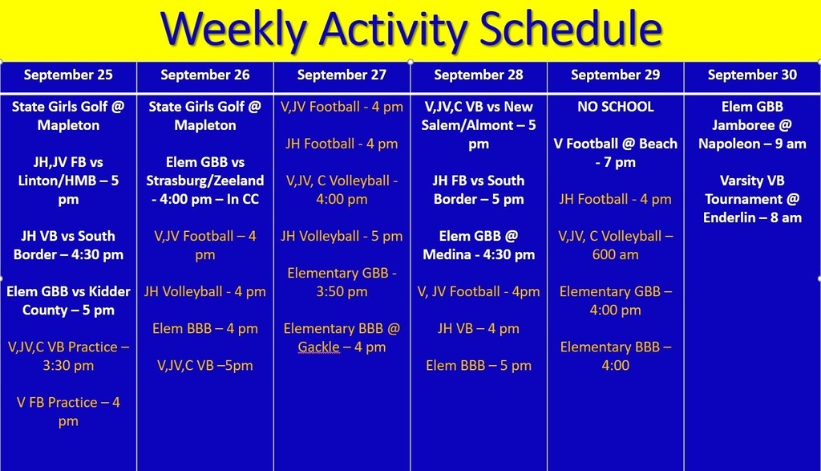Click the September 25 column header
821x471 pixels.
(x=68, y=75)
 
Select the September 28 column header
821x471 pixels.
(x=479, y=75)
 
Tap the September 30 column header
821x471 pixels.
(x=752, y=75)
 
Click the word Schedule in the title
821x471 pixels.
(x=571, y=28)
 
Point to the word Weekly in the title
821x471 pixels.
(x=233, y=30)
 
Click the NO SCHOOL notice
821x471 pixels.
(x=616, y=107)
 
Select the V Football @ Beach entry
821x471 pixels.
(x=616, y=153)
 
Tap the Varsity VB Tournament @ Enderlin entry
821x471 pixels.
(x=752, y=199)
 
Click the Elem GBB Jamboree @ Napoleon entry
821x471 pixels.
(x=752, y=125)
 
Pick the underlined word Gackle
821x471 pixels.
(x=318, y=347)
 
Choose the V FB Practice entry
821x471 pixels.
(x=68, y=412)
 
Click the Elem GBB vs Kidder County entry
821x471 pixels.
(x=68, y=301)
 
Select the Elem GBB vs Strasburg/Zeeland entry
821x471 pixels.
(x=204, y=181)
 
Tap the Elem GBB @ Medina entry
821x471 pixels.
(x=479, y=246)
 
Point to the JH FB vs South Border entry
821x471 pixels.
(x=479, y=189)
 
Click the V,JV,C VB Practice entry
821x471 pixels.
(x=68, y=356)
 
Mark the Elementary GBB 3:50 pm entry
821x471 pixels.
(x=342, y=282)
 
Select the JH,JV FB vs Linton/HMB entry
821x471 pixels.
(x=68, y=181)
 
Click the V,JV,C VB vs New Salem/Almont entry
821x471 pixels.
(x=479, y=125)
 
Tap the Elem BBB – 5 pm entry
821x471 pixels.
(x=479, y=366)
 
